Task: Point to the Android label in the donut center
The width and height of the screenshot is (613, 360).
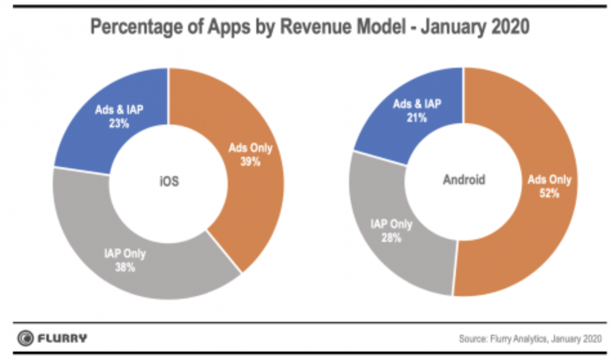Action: pos(464,180)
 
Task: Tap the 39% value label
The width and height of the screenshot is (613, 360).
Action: pos(250,162)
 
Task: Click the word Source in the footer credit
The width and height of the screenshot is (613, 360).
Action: pos(472,338)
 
